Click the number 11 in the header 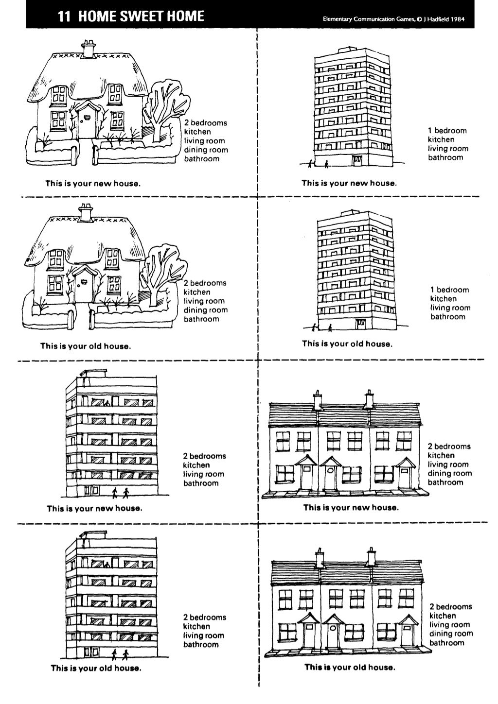64,17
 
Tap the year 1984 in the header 457,19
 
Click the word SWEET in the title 136,17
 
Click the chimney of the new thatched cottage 88,49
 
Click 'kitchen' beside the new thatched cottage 197,132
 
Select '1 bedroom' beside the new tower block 447,130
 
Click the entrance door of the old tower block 361,324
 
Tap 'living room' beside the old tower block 449,308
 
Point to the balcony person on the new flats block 107,403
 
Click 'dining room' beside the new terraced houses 449,473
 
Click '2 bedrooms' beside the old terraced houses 450,606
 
